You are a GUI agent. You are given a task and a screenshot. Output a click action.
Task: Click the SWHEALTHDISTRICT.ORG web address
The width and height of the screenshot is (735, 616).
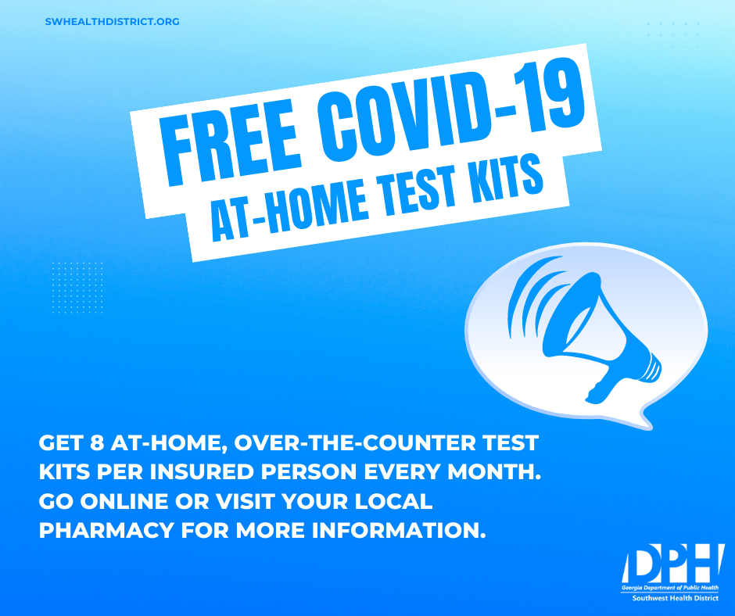pos(112,22)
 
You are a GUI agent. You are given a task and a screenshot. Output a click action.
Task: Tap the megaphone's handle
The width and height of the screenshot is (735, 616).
pos(603,384)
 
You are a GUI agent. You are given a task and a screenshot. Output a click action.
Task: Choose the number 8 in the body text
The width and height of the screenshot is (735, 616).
pos(97,443)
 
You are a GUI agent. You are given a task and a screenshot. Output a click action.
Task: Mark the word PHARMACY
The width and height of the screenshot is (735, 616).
pos(106,531)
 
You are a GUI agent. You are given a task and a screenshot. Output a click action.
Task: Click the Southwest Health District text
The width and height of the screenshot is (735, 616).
pos(675,598)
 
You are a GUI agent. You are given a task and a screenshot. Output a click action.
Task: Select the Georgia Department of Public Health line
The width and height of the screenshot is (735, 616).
pos(670,588)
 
